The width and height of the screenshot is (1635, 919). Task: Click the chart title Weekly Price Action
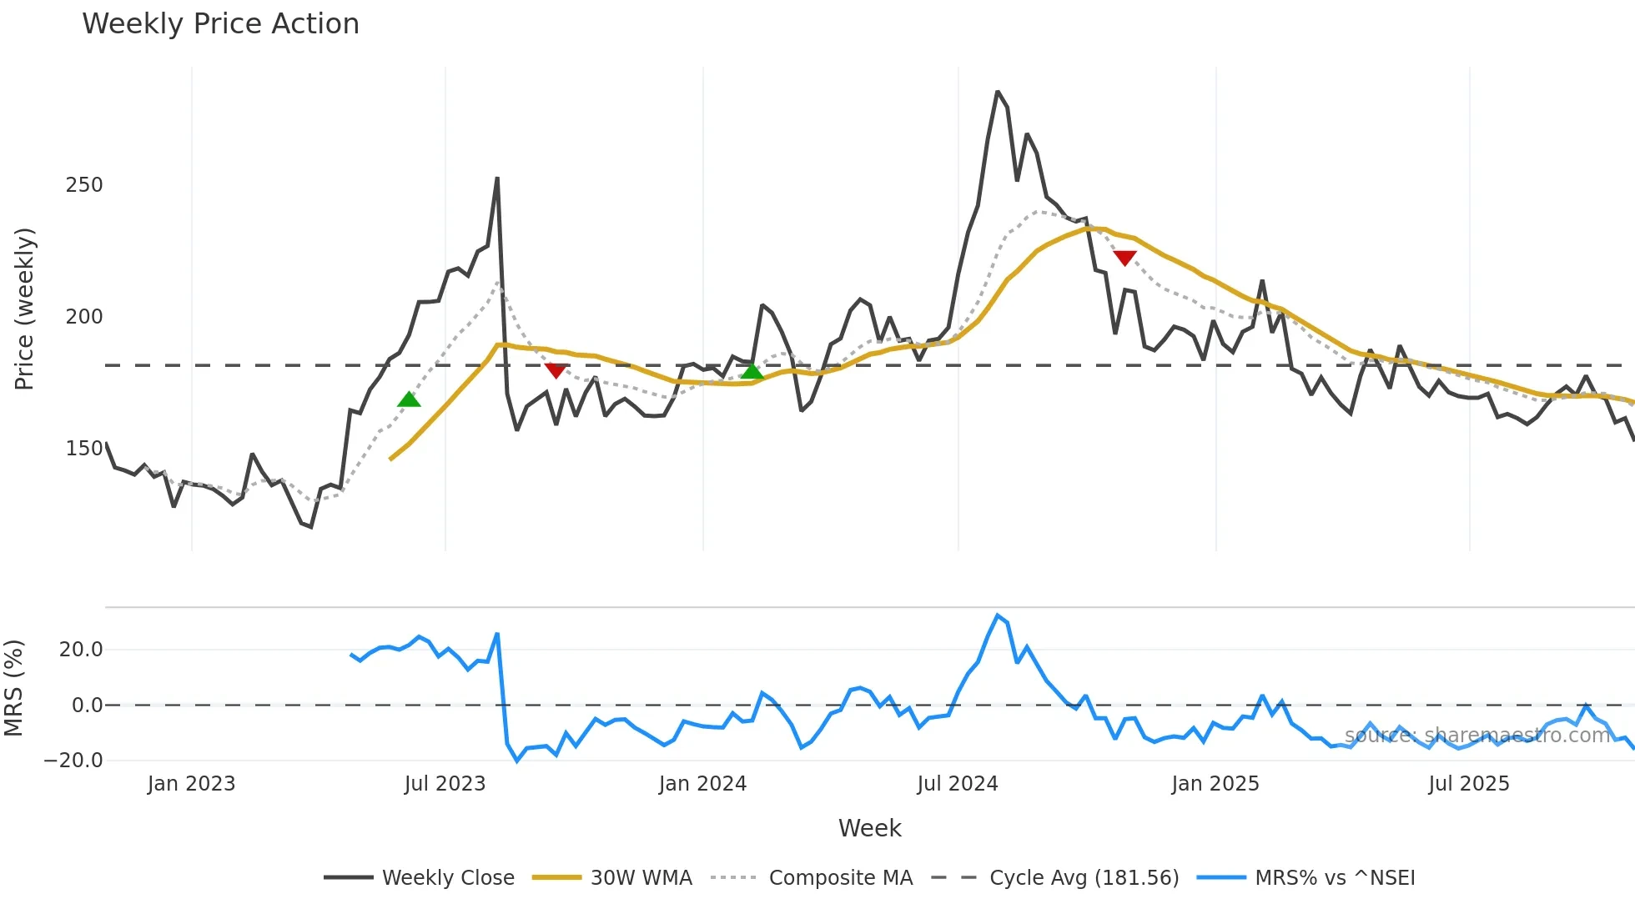tap(220, 24)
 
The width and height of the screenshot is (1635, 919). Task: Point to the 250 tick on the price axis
tap(84, 185)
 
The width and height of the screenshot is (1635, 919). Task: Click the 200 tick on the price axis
tap(84, 317)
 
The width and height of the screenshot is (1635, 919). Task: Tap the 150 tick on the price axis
tap(84, 449)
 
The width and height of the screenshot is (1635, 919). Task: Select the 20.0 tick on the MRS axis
tap(81, 650)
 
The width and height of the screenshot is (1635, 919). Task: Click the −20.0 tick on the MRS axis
tap(73, 761)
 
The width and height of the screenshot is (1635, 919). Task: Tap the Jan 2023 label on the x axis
tap(192, 784)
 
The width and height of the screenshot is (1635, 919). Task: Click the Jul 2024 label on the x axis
tap(958, 784)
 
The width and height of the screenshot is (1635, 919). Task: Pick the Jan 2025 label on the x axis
tap(1215, 784)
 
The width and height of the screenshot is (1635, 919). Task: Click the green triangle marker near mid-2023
tap(409, 399)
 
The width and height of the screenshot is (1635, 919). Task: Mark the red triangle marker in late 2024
tap(1124, 259)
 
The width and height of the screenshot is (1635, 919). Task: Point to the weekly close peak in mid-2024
tap(998, 92)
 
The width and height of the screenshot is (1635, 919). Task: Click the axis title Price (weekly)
tap(24, 309)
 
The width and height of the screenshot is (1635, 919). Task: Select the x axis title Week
tap(869, 828)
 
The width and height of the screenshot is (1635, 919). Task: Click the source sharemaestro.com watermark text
tap(1477, 736)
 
